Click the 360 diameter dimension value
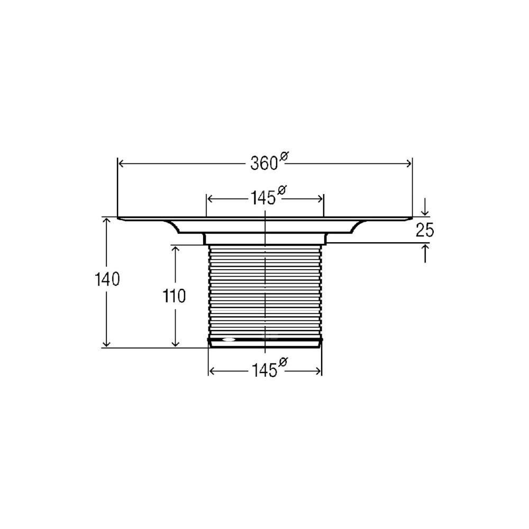pyautogui.click(x=264, y=164)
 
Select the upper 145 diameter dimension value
pyautogui.click(x=263, y=198)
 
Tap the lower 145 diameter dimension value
pyautogui.click(x=264, y=371)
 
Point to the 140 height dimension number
pyautogui.click(x=107, y=280)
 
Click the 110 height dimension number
pyautogui.click(x=175, y=297)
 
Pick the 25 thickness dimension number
pyautogui.click(x=425, y=231)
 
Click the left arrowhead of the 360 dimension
pyautogui.click(x=122, y=164)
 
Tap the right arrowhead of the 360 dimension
pyautogui.click(x=408, y=164)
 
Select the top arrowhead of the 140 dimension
pyautogui.click(x=107, y=221)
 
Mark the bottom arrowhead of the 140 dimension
pyautogui.click(x=107, y=343)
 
